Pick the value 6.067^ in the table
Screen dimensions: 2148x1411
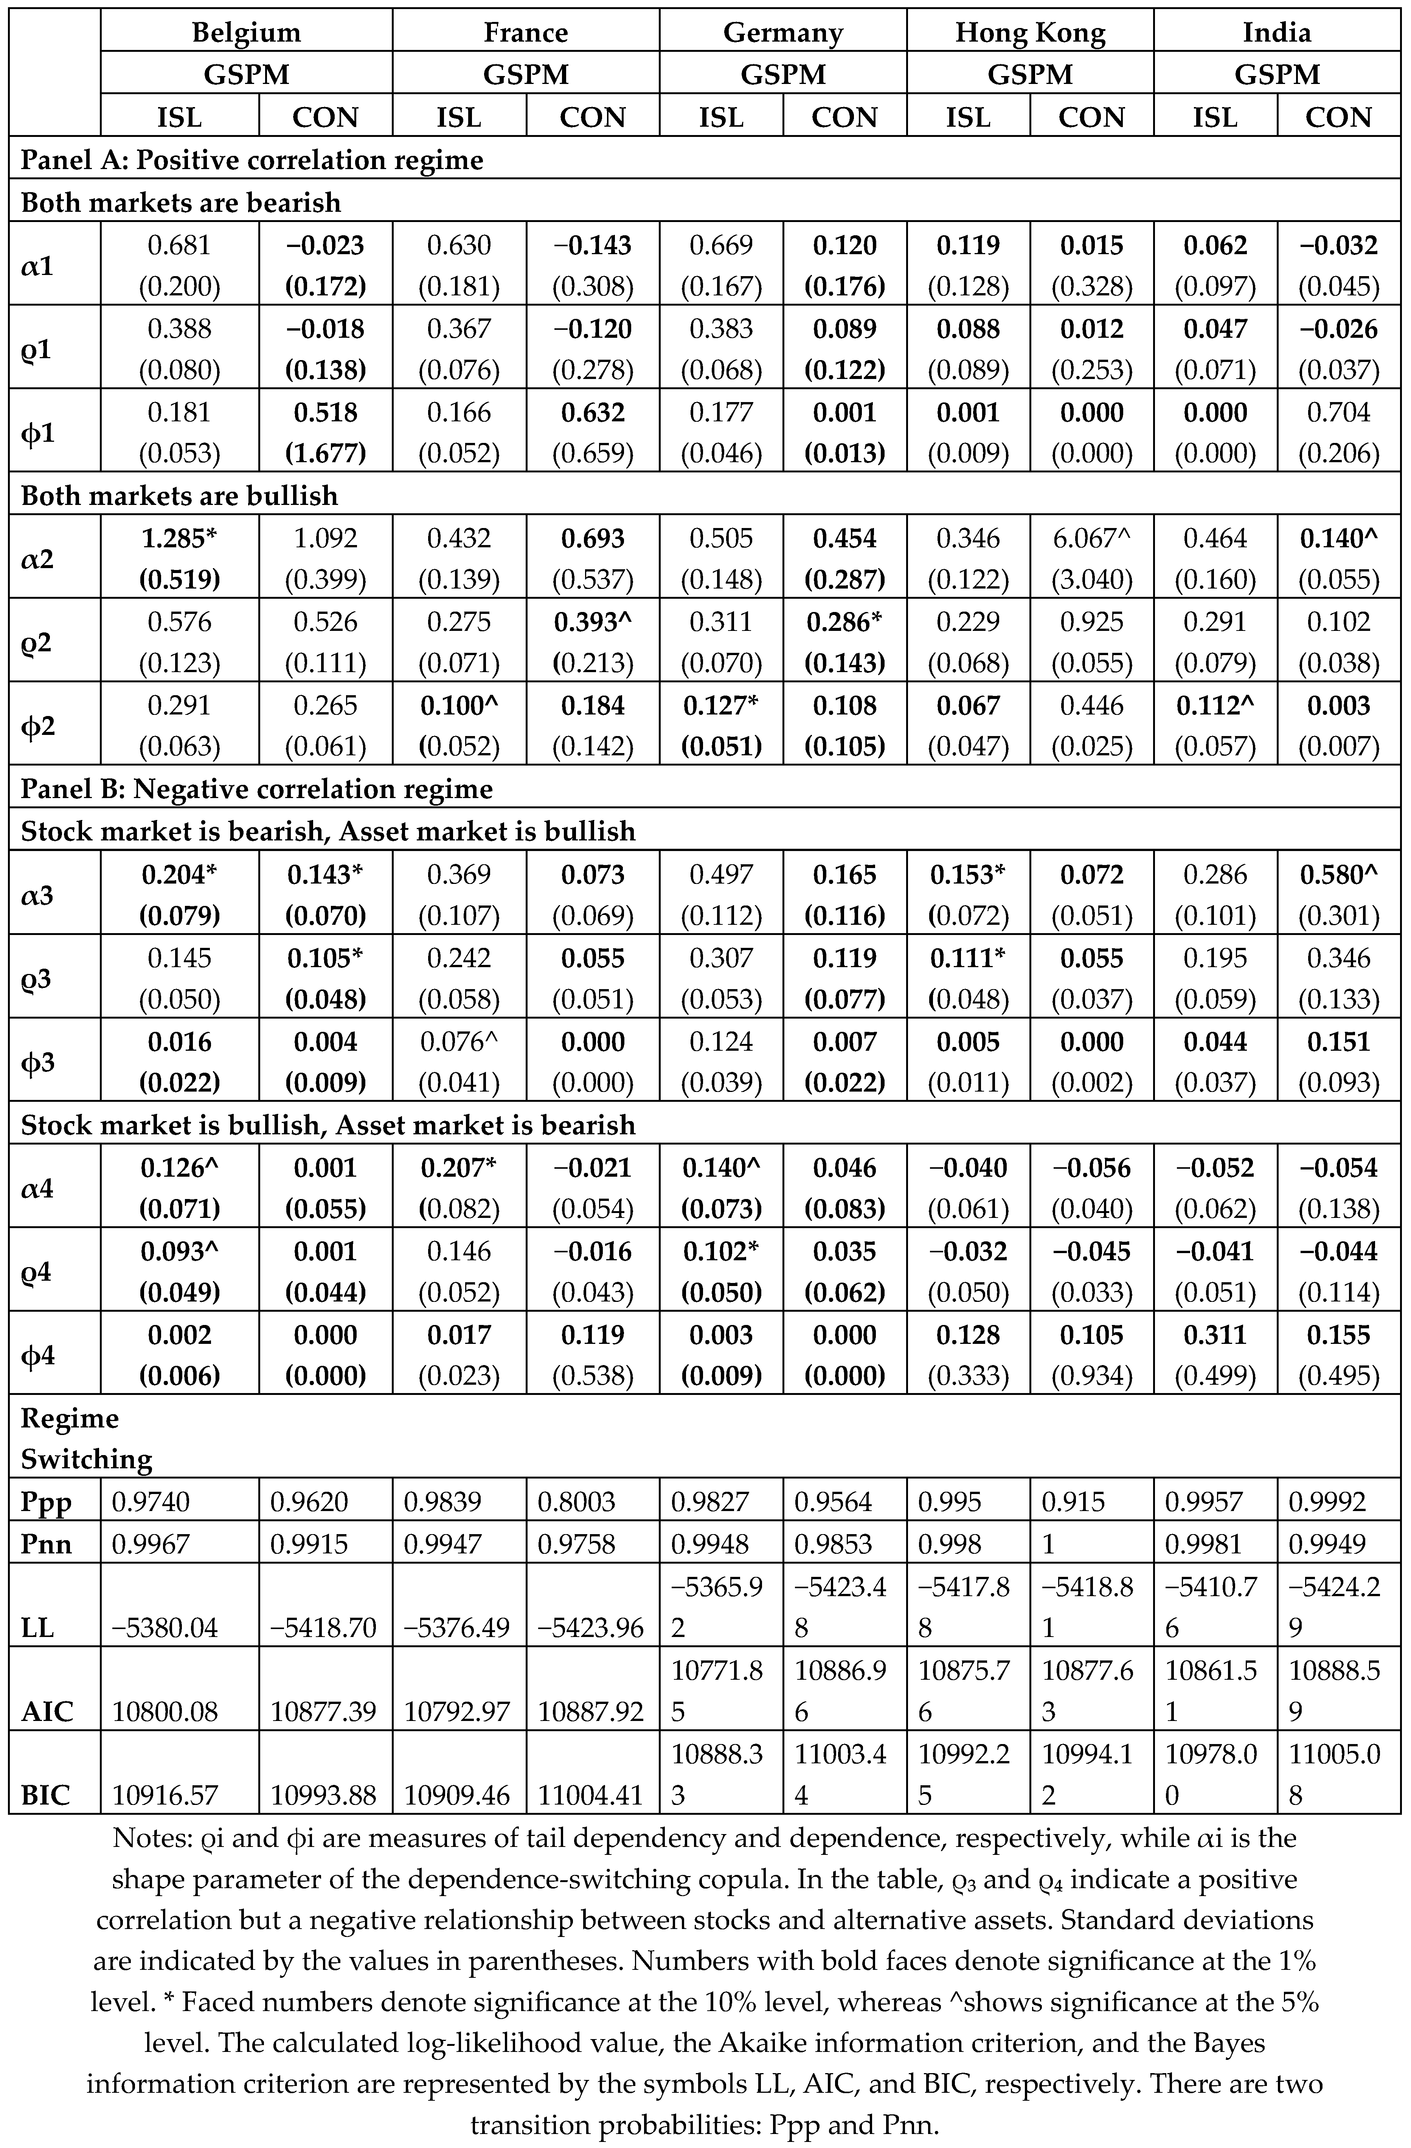click(1092, 539)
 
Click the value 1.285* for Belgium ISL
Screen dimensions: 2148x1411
click(180, 539)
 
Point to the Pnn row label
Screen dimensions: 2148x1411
click(46, 1543)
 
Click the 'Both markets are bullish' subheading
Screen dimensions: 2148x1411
click(180, 496)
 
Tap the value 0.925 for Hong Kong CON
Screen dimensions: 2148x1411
click(1092, 622)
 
